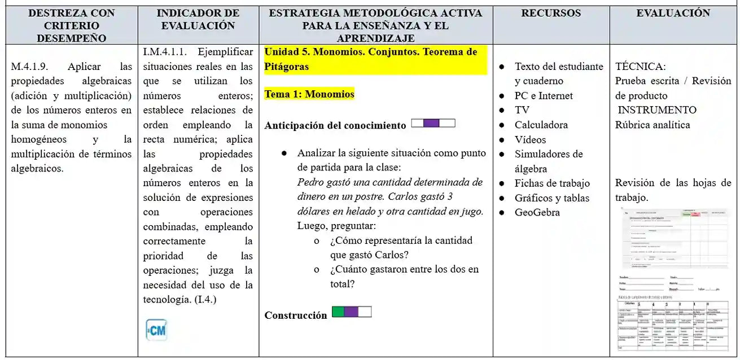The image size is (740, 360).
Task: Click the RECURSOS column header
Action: pos(551,13)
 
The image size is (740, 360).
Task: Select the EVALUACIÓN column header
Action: pos(673,13)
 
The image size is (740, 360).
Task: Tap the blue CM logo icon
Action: pos(156,330)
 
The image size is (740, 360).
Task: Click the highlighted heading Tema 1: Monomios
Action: pos(309,94)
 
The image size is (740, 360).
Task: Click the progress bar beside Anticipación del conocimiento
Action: pos(433,124)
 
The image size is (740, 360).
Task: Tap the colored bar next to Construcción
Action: pos(351,311)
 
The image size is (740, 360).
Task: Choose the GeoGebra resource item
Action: pos(537,213)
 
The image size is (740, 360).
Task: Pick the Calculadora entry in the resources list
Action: pos(541,125)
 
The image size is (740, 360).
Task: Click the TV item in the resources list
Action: pos(522,110)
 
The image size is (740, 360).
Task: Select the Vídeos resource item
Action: pos(530,139)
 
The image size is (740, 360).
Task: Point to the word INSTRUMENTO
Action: pos(657,110)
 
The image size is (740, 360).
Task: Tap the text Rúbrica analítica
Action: pos(653,125)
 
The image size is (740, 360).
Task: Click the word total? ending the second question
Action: pos(343,284)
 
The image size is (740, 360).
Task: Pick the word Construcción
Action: pos(296,315)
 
